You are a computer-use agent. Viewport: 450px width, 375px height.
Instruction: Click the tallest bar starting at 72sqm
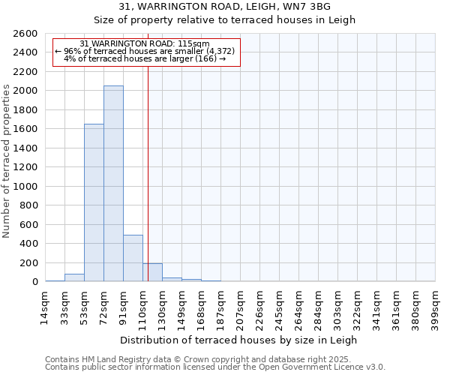[x=113, y=184]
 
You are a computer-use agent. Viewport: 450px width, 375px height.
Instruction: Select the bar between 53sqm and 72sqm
[x=94, y=202]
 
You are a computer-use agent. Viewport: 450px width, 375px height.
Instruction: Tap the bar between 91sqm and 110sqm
[x=133, y=258]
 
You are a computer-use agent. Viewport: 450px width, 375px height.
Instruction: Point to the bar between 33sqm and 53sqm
[x=74, y=277]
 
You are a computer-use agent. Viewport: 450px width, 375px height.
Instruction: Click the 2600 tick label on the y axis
[x=25, y=34]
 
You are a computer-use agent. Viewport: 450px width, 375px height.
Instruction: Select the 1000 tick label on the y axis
[x=25, y=186]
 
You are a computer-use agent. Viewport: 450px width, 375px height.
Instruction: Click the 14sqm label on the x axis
[x=45, y=307]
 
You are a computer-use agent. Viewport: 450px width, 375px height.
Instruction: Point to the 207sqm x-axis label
[x=240, y=307]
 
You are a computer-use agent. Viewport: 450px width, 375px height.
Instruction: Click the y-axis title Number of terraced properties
[x=7, y=161]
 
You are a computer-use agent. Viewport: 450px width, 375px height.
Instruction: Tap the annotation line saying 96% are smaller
[x=145, y=51]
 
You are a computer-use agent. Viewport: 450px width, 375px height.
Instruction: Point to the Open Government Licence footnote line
[x=215, y=367]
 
